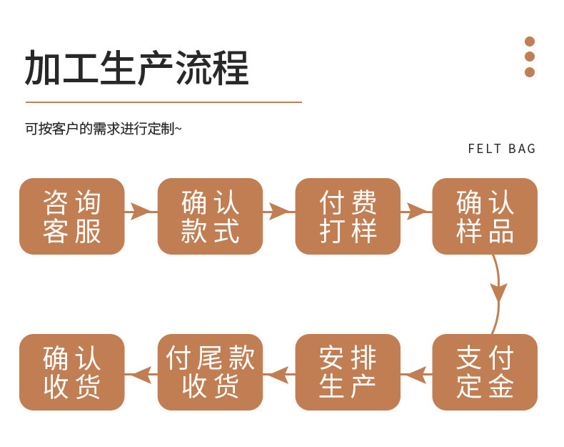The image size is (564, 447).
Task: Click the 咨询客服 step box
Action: click(x=71, y=216)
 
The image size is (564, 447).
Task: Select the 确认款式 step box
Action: click(x=210, y=216)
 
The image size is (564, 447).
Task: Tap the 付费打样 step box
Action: click(x=348, y=216)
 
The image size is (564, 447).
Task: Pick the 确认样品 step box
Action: click(x=485, y=216)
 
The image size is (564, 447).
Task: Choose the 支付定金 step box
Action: click(x=485, y=372)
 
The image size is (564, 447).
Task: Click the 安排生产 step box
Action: click(x=348, y=372)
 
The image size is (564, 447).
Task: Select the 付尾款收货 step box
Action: click(x=210, y=372)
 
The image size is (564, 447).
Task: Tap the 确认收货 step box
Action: click(x=71, y=372)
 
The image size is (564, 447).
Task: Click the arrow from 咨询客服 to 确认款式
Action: click(x=141, y=211)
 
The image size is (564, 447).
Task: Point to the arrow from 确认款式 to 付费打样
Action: click(x=279, y=211)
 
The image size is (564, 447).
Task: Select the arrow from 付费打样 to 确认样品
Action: click(x=416, y=211)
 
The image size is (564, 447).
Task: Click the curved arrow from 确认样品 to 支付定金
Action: click(x=498, y=293)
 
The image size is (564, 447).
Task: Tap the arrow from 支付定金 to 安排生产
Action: click(x=416, y=374)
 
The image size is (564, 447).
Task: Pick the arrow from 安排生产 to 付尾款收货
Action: click(x=279, y=374)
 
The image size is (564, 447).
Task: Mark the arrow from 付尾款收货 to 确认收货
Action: click(x=141, y=374)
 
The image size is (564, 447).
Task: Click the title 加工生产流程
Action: click(x=137, y=69)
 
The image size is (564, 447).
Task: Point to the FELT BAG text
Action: click(x=502, y=149)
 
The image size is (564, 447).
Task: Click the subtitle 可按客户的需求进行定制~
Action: click(x=104, y=129)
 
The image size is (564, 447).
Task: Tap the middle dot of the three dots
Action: click(x=530, y=57)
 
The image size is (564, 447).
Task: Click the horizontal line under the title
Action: click(x=163, y=102)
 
